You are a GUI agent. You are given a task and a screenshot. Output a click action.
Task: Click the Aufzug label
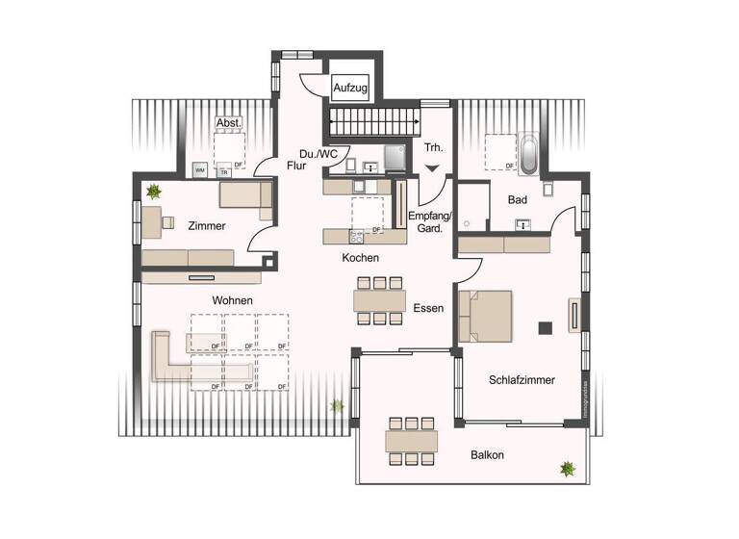(351, 89)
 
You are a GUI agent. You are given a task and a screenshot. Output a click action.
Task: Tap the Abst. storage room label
(228, 123)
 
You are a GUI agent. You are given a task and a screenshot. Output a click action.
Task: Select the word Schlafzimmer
(522, 380)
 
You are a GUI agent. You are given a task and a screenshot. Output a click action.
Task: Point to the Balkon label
(487, 454)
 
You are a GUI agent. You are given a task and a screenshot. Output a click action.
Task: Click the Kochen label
(361, 258)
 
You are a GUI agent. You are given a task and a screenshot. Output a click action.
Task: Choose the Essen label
(428, 309)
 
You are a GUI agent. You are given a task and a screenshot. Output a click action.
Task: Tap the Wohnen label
(233, 300)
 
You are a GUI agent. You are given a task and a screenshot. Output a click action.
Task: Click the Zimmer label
(207, 226)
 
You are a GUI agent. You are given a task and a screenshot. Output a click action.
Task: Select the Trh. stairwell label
(433, 147)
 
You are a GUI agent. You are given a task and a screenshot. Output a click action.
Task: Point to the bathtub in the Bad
(528, 154)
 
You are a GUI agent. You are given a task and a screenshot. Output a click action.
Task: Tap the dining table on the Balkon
(411, 441)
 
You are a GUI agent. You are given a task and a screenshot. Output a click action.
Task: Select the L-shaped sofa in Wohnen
(192, 361)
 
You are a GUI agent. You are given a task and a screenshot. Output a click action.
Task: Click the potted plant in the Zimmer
(152, 192)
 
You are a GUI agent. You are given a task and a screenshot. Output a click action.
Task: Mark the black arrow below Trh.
(432, 169)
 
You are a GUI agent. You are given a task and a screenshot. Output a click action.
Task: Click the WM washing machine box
(200, 170)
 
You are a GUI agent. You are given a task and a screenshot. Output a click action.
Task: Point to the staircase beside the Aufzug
(374, 122)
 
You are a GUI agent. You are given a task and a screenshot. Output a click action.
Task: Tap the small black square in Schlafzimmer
(544, 324)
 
